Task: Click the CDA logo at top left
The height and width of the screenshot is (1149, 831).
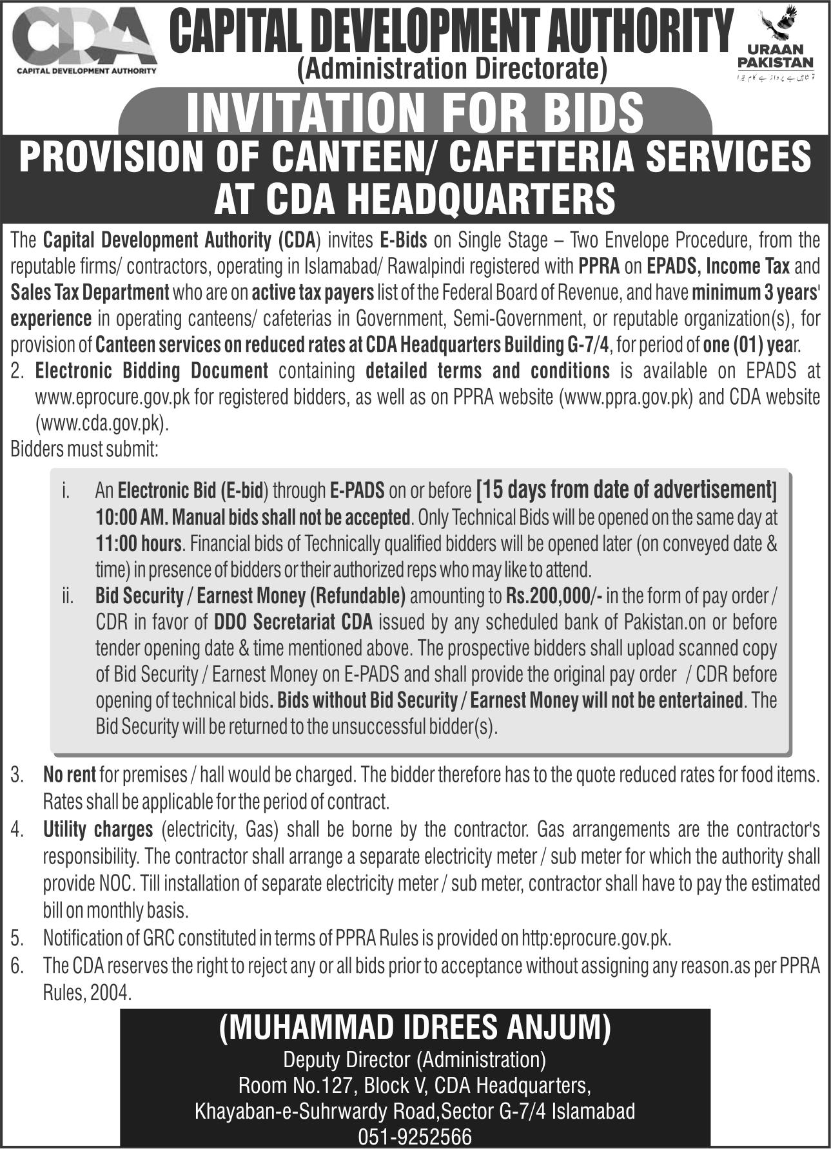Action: pyautogui.click(x=84, y=38)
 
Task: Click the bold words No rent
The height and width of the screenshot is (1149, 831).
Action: pyautogui.click(x=70, y=775)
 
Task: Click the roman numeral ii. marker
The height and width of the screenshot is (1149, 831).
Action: pyautogui.click(x=67, y=596)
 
